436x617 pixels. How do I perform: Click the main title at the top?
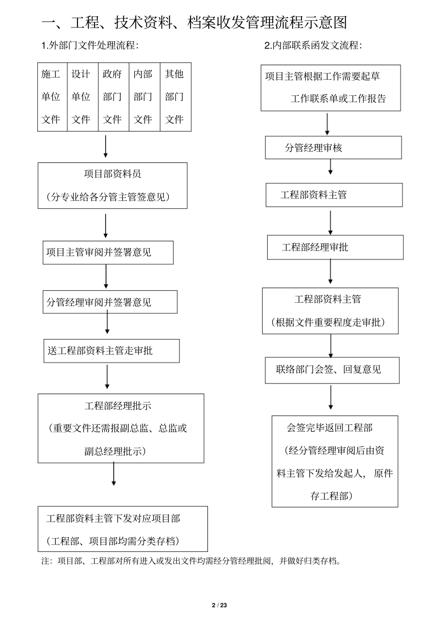194,22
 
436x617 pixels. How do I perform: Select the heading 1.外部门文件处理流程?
90,45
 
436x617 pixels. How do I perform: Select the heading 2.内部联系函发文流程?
313,45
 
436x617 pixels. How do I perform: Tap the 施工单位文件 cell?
52,97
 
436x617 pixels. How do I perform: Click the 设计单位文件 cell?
82,97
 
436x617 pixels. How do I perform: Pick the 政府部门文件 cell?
113,97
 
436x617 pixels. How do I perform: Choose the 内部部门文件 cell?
144,97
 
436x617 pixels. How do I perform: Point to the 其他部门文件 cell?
175,97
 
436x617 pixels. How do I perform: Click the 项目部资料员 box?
112,185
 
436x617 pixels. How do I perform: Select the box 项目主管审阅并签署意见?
108,252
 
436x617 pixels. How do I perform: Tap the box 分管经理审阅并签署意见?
110,302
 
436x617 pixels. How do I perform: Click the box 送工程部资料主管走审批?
111,351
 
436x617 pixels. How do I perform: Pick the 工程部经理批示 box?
121,428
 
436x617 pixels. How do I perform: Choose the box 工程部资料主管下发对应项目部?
123,529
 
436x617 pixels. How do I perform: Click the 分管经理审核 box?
333,148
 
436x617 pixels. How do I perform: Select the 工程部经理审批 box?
335,247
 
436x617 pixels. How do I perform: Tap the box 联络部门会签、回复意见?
332,370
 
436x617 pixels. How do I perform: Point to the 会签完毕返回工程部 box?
335,461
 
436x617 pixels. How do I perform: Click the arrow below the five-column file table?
106,146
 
